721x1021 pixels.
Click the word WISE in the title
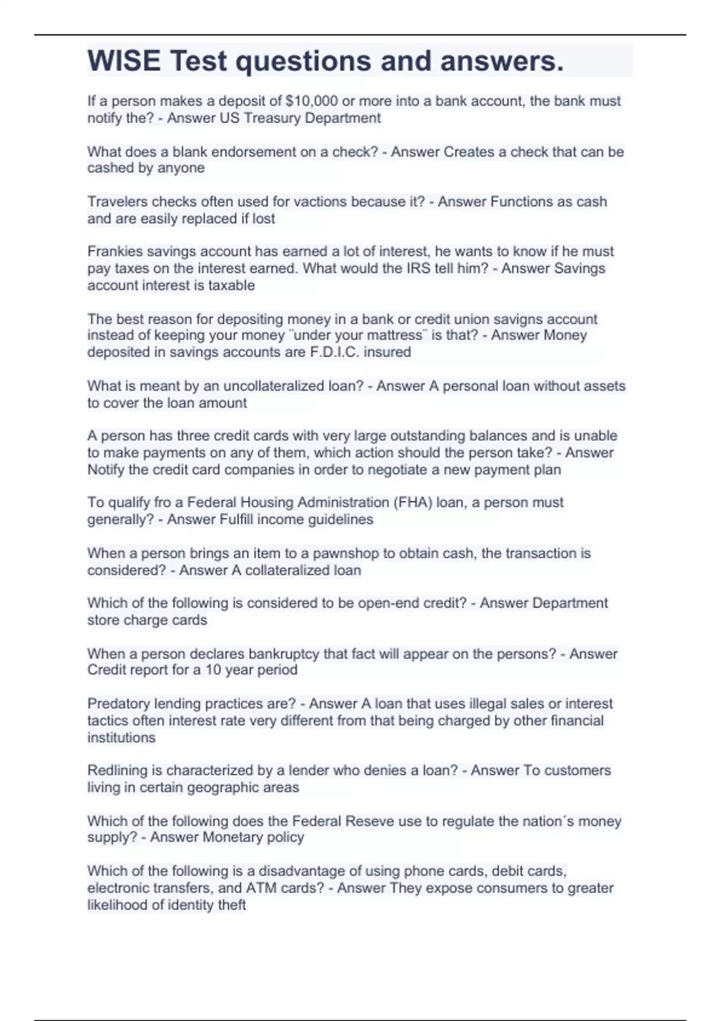coord(124,61)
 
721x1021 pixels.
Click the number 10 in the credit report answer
coord(213,670)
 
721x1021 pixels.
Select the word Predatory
coord(118,703)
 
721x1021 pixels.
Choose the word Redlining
coord(117,770)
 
